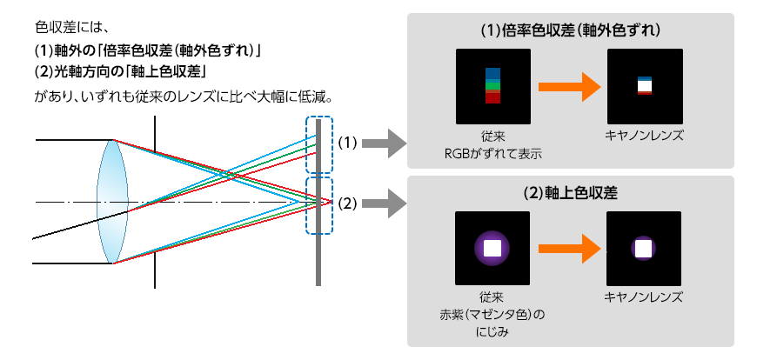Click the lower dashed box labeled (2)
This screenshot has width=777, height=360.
(x=319, y=205)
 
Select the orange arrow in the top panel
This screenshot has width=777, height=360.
(x=570, y=86)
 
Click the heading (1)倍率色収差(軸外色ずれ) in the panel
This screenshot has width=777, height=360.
(x=571, y=30)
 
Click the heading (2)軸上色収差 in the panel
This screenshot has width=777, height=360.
(x=571, y=193)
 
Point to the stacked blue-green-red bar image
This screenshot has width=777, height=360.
(x=493, y=86)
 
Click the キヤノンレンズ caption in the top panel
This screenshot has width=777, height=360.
(x=645, y=137)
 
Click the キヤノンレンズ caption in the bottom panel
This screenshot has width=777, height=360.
(x=645, y=297)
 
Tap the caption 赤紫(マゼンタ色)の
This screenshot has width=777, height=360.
(x=492, y=313)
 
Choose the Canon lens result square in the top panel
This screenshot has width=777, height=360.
(x=645, y=86)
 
